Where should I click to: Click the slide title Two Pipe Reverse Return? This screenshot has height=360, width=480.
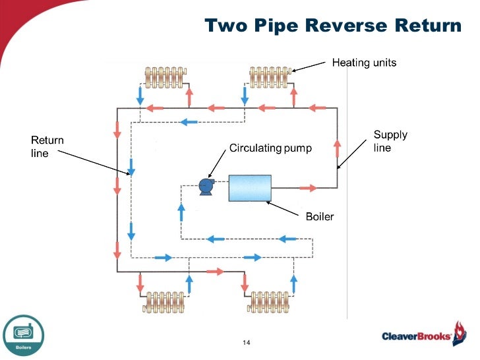point(333,26)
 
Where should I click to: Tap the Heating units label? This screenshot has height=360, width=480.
point(364,63)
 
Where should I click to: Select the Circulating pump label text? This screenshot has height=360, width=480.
point(270,148)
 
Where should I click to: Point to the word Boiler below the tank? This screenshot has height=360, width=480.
point(320,216)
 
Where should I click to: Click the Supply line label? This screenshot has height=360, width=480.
point(390,141)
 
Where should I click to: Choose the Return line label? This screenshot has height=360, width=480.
point(47,146)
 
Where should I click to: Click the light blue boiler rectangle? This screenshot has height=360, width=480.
point(250,188)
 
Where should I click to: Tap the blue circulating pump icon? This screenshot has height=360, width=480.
point(206,187)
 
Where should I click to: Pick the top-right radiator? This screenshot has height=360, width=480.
point(270,77)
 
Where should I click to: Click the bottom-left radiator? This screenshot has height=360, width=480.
point(165,303)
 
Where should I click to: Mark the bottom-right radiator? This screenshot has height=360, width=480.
point(270,303)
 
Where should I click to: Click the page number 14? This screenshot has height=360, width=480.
point(247,343)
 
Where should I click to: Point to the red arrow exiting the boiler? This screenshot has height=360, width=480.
point(307,188)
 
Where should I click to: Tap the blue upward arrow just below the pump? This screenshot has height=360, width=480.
point(181,211)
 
